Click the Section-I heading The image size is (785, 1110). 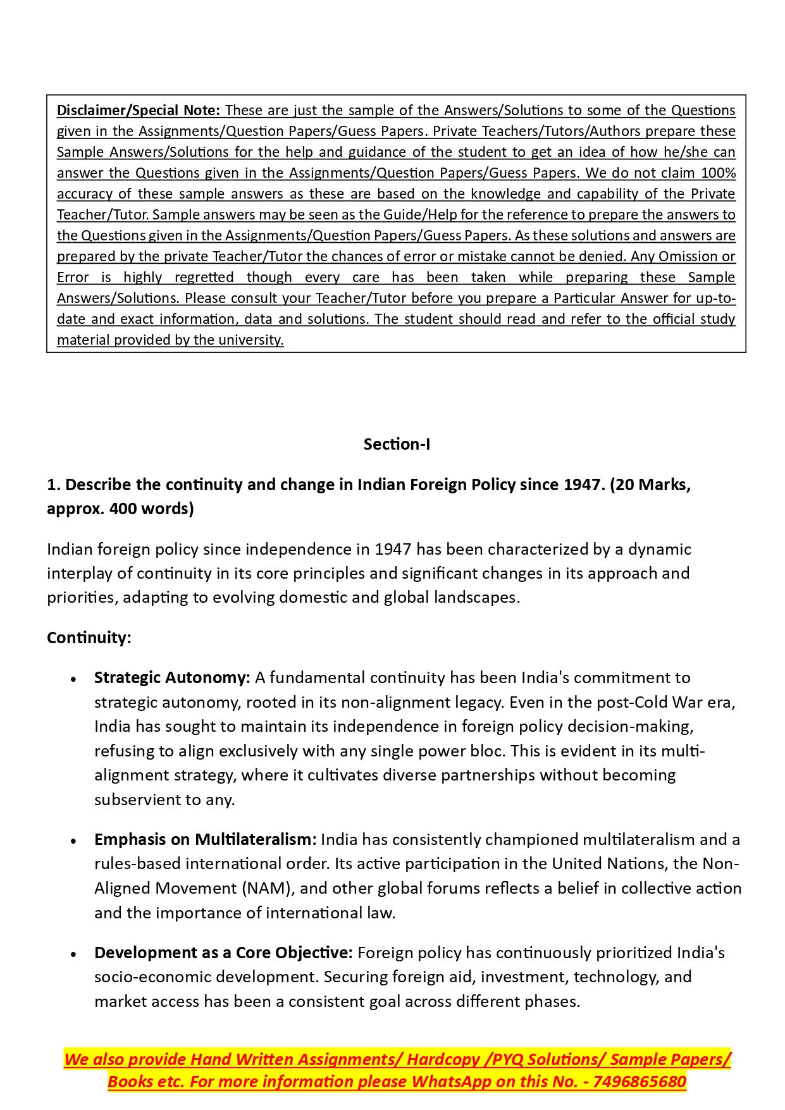tap(397, 445)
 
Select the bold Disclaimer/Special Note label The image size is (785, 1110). tap(138, 111)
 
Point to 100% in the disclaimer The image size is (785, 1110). tap(718, 173)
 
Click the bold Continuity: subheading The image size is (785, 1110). tap(89, 638)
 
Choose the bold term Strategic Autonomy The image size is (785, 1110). tap(172, 678)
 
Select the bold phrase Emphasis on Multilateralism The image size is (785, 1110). tap(205, 840)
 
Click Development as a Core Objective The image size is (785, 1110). tap(223, 953)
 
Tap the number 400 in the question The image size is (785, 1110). tap(123, 509)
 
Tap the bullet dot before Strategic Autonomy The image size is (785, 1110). tap(74, 679)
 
